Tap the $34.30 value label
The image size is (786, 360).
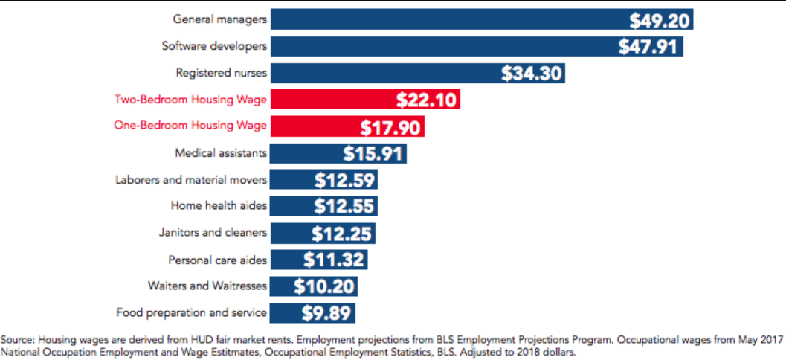pyautogui.click(x=531, y=74)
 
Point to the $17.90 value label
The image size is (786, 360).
pyautogui.click(x=391, y=127)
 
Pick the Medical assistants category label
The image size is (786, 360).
pyautogui.click(x=221, y=153)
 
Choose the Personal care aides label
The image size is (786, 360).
pyautogui.click(x=217, y=260)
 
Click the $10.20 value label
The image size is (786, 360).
pyautogui.click(x=323, y=286)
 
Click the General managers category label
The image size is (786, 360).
pyautogui.click(x=220, y=19)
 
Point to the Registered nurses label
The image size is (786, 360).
pyautogui.click(x=222, y=73)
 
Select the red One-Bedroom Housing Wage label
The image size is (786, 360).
pyautogui.click(x=190, y=126)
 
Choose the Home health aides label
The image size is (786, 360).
pyautogui.click(x=219, y=205)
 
